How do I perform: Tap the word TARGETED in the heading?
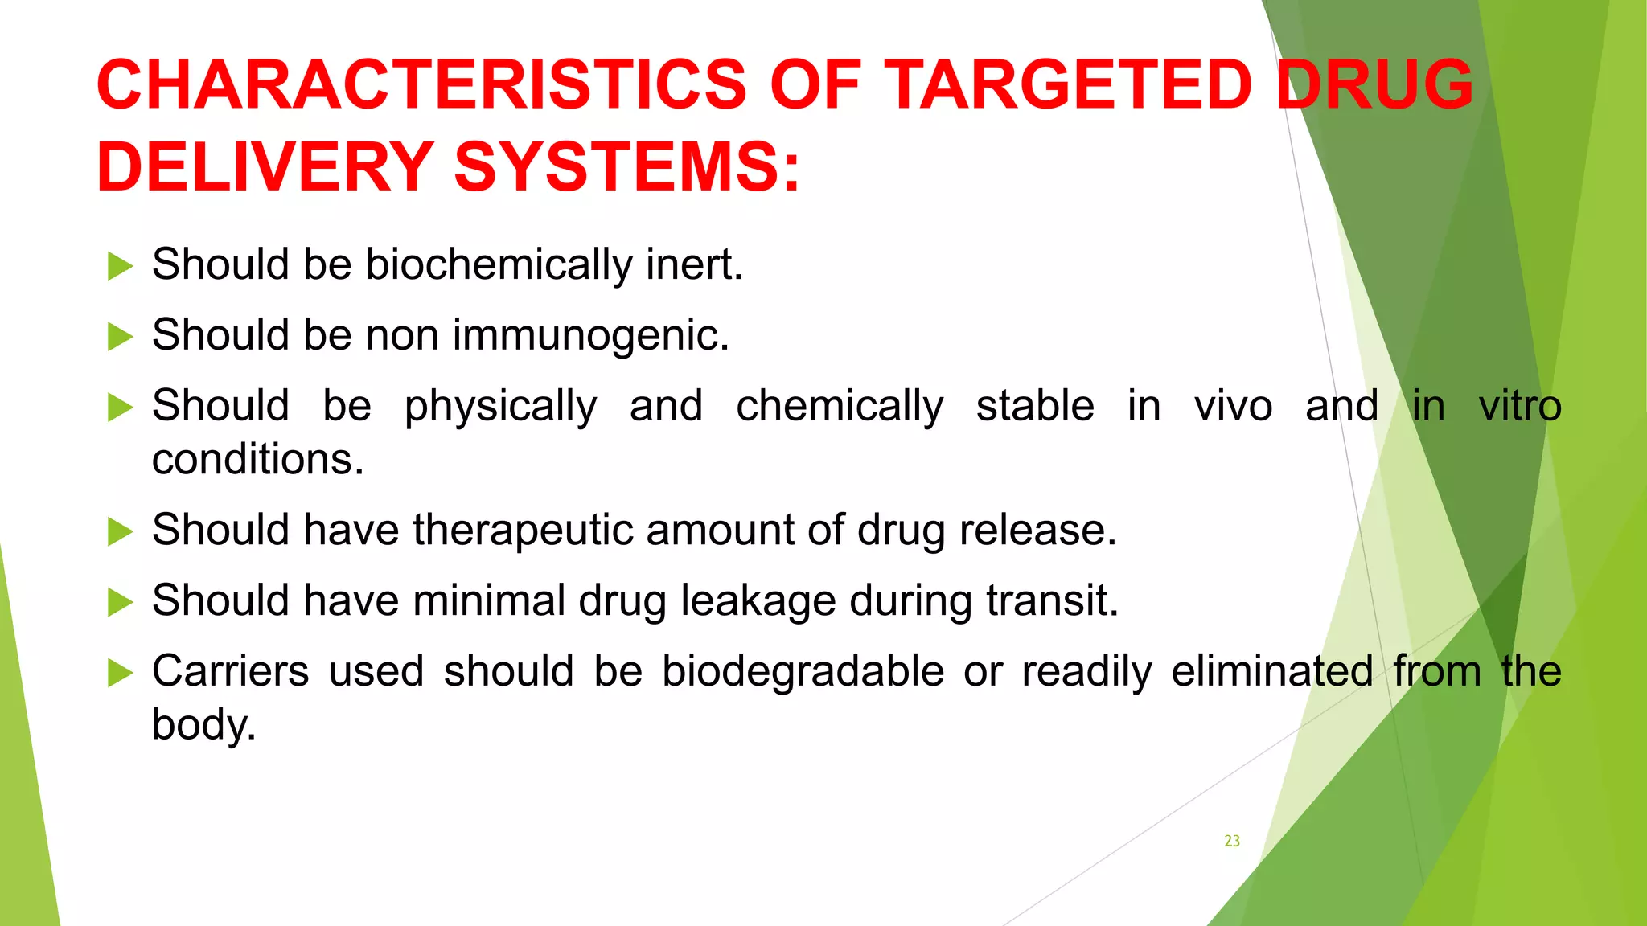pyautogui.click(x=1069, y=84)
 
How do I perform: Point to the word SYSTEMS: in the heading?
pyautogui.click(x=627, y=167)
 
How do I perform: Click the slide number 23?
pyautogui.click(x=1232, y=841)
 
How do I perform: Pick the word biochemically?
pyautogui.click(x=499, y=265)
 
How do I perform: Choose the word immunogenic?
pyautogui.click(x=590, y=336)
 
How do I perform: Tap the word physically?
pyautogui.click(x=500, y=407)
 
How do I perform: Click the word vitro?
pyautogui.click(x=1520, y=405)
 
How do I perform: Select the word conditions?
pyautogui.click(x=257, y=460)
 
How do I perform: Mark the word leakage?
pyautogui.click(x=758, y=601)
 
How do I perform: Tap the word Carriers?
pyautogui.click(x=230, y=671)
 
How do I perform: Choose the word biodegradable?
pyautogui.click(x=803, y=672)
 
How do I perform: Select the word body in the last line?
pyautogui.click(x=203, y=725)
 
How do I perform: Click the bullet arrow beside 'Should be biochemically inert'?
pyautogui.click(x=120, y=266)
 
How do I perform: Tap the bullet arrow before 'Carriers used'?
pyautogui.click(x=120, y=672)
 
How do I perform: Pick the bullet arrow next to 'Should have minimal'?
pyautogui.click(x=120, y=601)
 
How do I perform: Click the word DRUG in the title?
pyautogui.click(x=1374, y=84)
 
